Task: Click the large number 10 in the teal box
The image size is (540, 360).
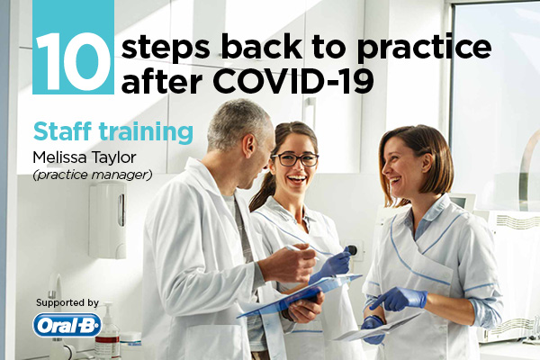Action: (x=73, y=62)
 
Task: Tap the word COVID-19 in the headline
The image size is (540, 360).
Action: (x=293, y=81)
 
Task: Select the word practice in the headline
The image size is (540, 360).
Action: (x=424, y=49)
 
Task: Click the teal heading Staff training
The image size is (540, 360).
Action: (x=113, y=132)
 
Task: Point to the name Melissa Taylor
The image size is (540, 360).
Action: (x=85, y=158)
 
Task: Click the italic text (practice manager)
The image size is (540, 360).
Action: (x=93, y=175)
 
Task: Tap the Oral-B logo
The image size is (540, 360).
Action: (x=67, y=325)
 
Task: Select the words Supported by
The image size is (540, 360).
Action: (x=67, y=302)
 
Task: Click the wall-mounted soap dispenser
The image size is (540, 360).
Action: (x=107, y=220)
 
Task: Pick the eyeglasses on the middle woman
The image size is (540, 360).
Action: (x=295, y=159)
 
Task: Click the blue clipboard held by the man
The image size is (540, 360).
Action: (x=300, y=295)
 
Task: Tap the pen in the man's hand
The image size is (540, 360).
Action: (x=301, y=251)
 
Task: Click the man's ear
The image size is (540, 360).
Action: (x=249, y=146)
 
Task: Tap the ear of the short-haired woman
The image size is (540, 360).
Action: (x=427, y=163)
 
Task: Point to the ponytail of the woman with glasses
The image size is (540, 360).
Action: (x=263, y=192)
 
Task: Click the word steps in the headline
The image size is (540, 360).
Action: (x=166, y=49)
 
